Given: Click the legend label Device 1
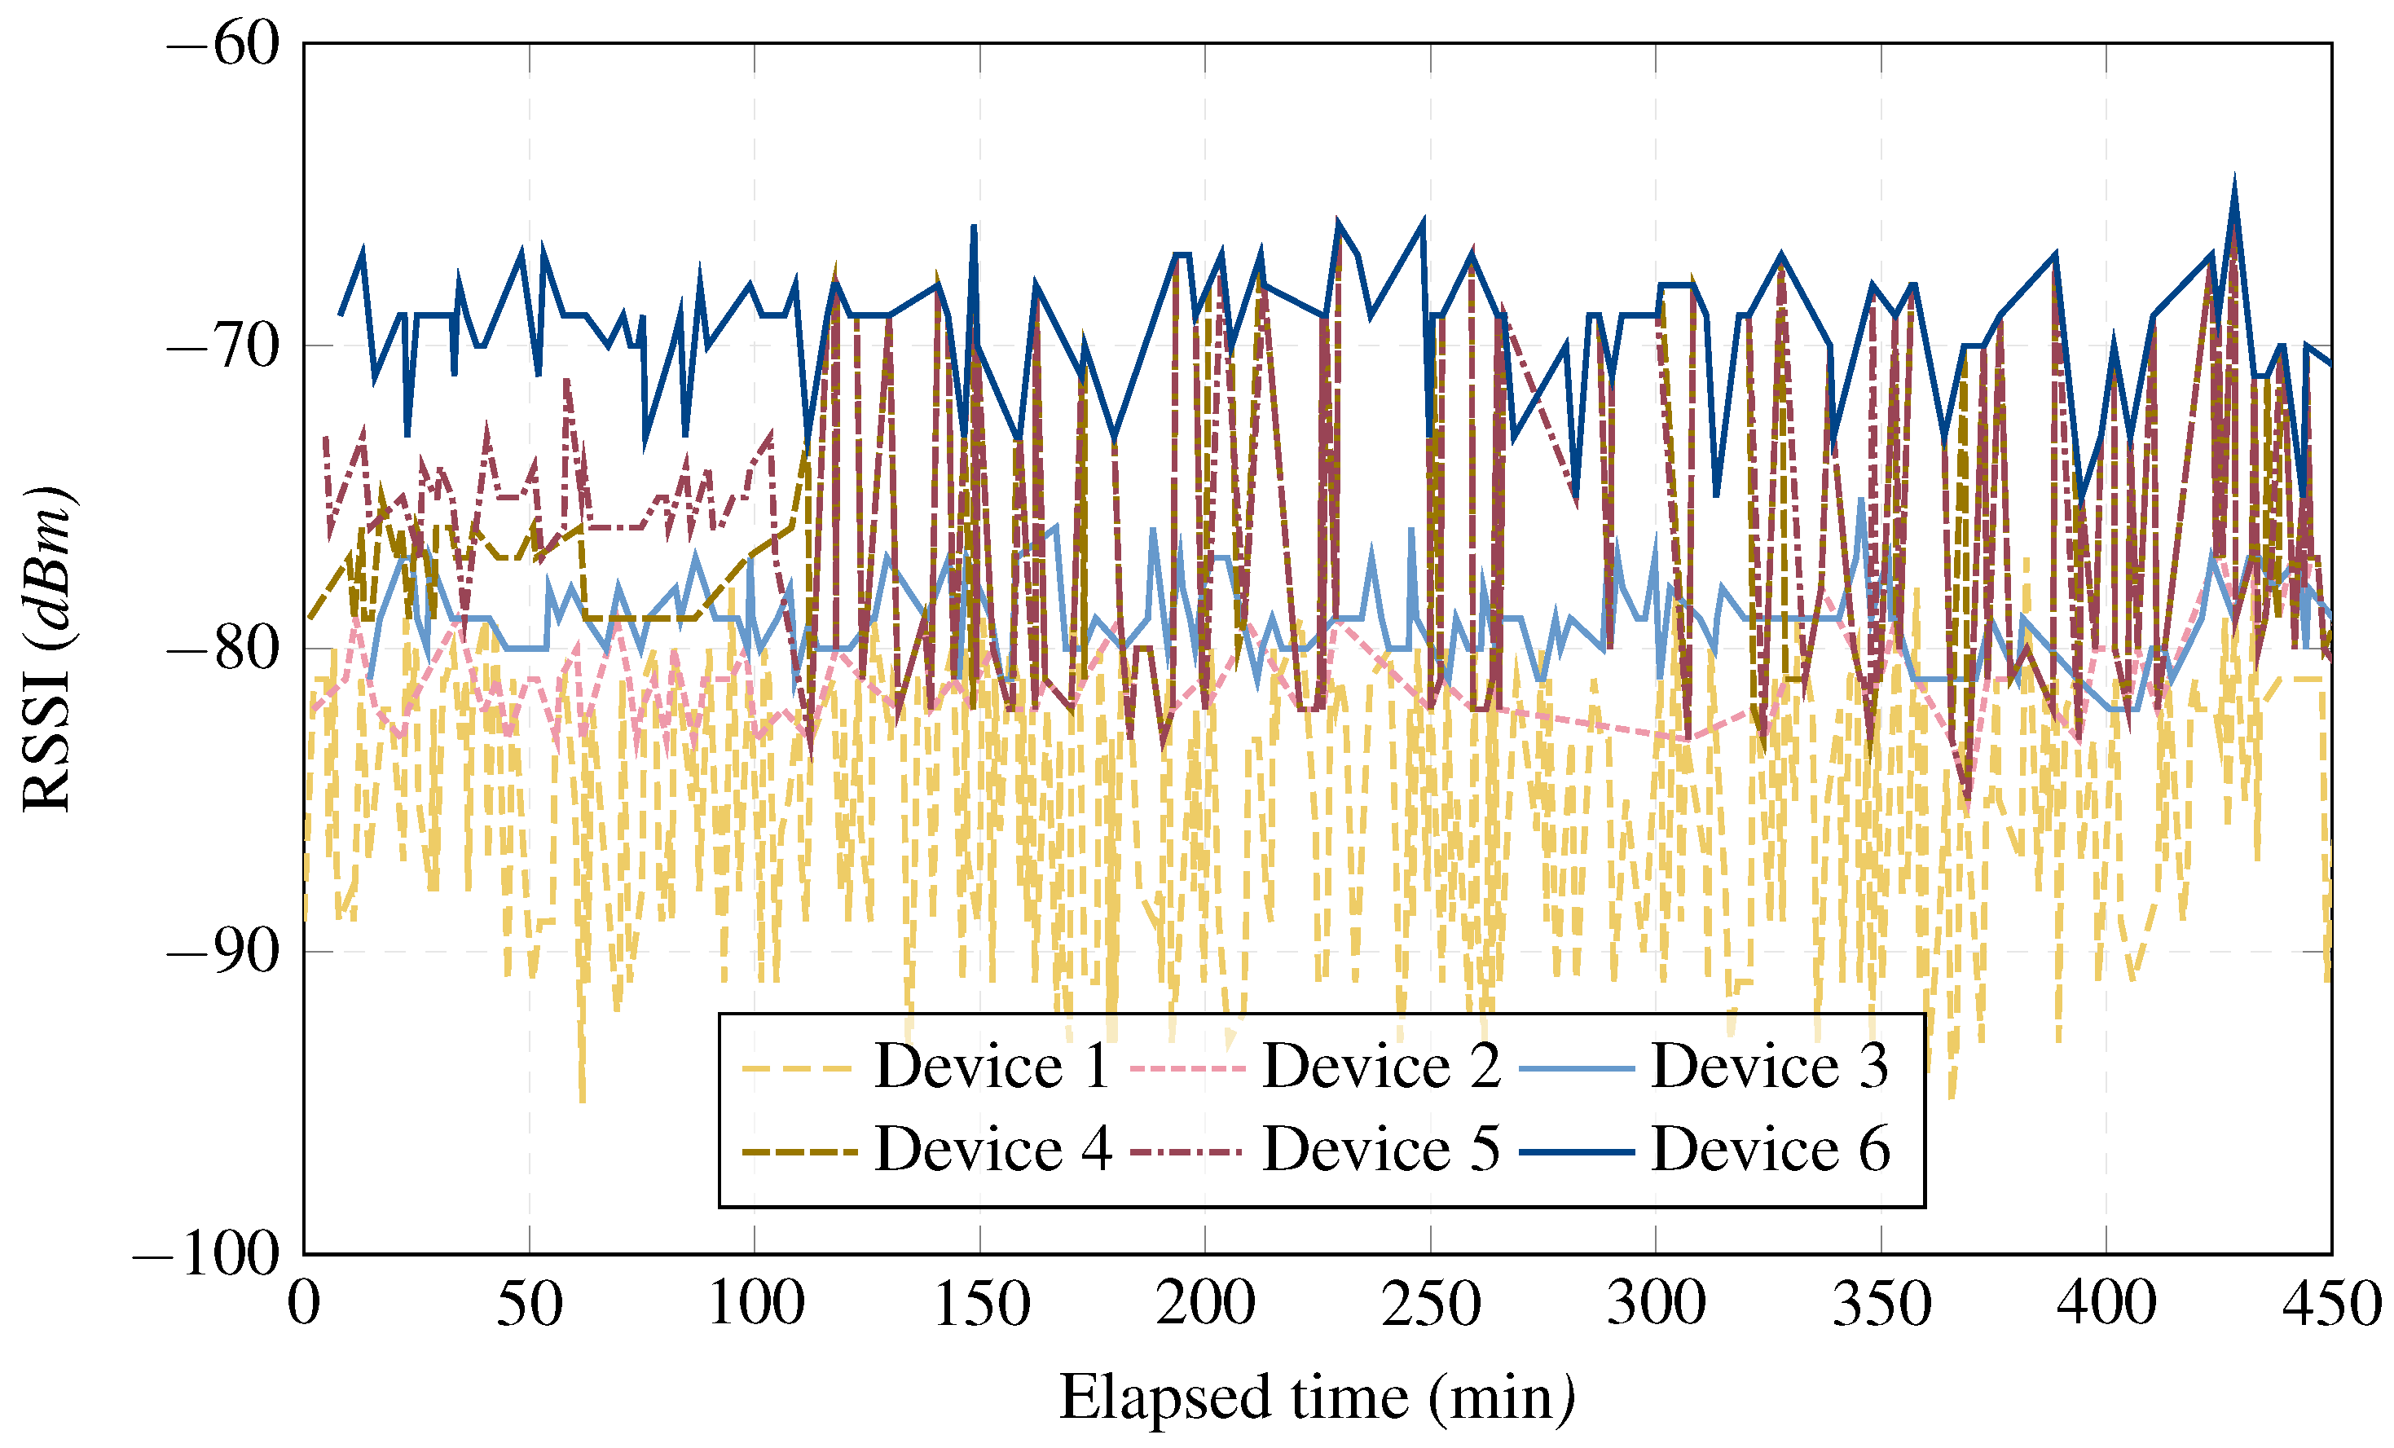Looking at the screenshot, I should tap(991, 1066).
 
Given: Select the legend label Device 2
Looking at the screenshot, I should tap(1380, 1066).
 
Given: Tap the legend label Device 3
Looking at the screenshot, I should tap(1769, 1066).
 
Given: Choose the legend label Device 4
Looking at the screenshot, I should tap(991, 1150).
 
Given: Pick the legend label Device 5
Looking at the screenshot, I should tap(1380, 1150).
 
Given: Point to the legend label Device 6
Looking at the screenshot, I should tap(1769, 1150).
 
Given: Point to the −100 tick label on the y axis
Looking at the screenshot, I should tap(206, 1255).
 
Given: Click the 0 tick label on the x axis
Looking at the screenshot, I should tap(304, 1304).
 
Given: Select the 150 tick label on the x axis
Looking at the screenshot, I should tap(980, 1304).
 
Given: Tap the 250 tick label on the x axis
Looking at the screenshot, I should tap(1430, 1304).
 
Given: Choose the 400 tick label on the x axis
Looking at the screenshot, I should tap(2106, 1304).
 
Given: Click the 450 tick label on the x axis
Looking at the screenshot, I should tap(2330, 1304).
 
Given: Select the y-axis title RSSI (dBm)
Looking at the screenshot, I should tap(46, 647).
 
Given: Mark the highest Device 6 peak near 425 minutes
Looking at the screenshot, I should tap(2234, 181).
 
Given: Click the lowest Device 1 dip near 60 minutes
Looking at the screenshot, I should tap(582, 1100).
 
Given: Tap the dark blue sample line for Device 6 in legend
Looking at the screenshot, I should tap(1576, 1151).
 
